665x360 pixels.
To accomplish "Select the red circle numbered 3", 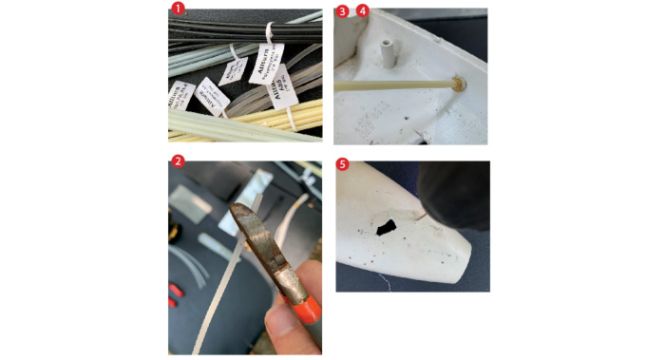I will pos(343,10).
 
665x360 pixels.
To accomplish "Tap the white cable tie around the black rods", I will pos(272,37).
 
